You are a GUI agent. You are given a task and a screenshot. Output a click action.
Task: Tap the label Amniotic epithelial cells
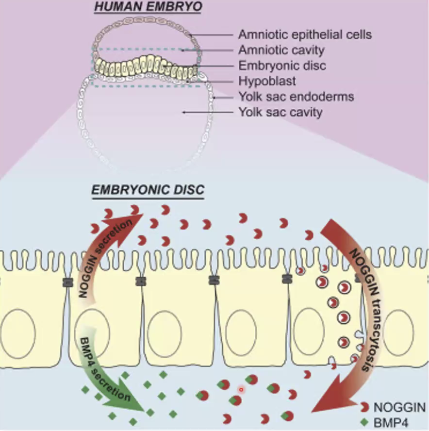click(305, 35)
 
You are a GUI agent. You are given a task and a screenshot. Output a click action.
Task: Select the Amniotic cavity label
click(281, 50)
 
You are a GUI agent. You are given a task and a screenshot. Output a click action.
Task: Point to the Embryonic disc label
click(282, 66)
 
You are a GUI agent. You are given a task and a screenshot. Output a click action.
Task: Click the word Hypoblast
click(267, 81)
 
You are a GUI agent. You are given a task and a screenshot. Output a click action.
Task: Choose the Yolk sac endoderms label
click(296, 97)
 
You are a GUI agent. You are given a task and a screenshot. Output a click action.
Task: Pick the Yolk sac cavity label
click(280, 112)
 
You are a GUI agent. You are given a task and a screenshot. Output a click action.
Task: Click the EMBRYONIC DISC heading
click(148, 190)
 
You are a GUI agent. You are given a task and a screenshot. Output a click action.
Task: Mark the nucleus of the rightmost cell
click(399, 330)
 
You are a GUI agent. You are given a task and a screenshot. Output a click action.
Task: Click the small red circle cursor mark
click(241, 389)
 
